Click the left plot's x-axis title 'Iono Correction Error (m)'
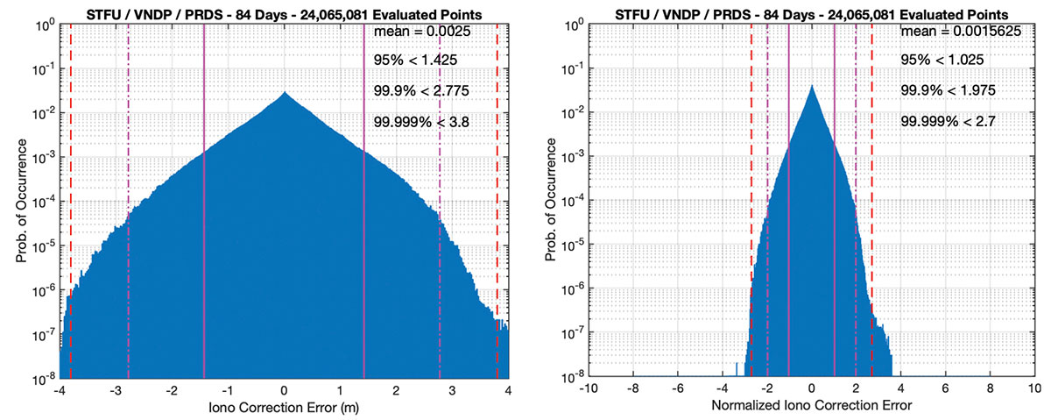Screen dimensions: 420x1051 [x=284, y=408]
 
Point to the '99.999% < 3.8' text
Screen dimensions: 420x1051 [x=421, y=122]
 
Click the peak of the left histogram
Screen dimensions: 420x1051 [x=284, y=92]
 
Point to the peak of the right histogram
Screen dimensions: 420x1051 [x=812, y=86]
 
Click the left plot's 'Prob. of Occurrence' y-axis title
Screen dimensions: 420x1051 [x=19, y=202]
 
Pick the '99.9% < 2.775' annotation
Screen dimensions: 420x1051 [x=421, y=90]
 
